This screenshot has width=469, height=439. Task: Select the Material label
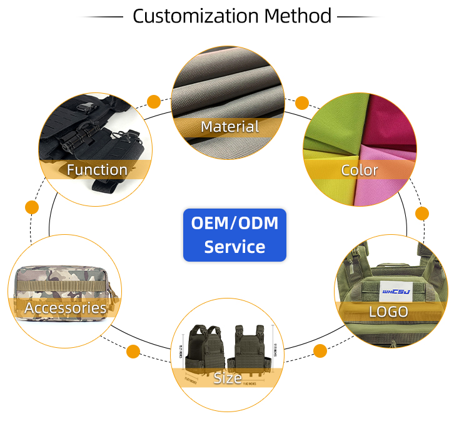(x=229, y=127)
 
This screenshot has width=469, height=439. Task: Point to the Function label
(x=97, y=169)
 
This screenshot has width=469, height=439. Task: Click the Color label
(x=360, y=170)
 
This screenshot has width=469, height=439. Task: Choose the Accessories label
(x=65, y=307)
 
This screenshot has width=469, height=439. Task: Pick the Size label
(x=228, y=378)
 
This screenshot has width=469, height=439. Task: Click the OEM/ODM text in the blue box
(x=234, y=223)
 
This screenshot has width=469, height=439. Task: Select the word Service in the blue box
(x=234, y=247)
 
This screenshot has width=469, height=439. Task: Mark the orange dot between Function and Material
(x=153, y=101)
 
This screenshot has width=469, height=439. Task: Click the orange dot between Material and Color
(x=302, y=102)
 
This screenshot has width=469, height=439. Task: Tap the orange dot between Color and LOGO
(x=422, y=214)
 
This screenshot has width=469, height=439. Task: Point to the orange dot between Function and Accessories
(x=31, y=207)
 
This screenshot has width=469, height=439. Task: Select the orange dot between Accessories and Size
(x=133, y=352)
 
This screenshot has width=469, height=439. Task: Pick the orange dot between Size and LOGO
(x=320, y=350)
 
